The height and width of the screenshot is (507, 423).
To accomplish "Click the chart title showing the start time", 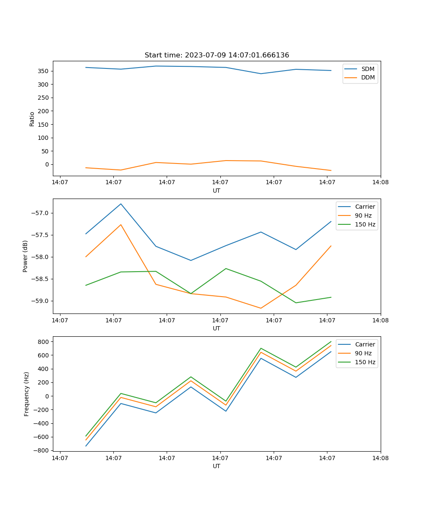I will tap(217, 55).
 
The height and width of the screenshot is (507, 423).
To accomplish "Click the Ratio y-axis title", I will tap(32, 119).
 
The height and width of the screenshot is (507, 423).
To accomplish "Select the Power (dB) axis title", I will tap(25, 256).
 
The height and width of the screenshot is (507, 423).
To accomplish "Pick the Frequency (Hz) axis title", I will tap(27, 394).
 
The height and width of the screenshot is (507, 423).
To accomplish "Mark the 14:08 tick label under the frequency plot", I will tap(380, 458).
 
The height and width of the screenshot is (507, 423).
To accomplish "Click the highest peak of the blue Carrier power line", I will tap(121, 204).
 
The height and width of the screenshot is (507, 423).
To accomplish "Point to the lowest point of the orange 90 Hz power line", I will tap(261, 308).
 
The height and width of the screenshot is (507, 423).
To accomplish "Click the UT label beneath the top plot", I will tap(217, 191).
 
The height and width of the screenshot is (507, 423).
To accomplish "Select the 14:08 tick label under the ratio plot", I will tap(380, 183).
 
